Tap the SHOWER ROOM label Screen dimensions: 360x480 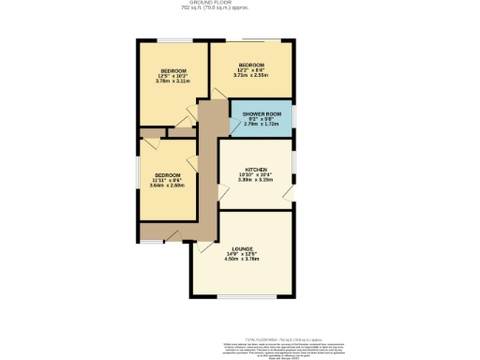(262, 112)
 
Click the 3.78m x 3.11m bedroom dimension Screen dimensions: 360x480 (172, 82)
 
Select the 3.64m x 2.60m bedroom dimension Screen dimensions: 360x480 (167, 185)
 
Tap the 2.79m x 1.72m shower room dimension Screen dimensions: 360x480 (262, 124)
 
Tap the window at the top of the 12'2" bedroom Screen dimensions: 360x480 (253, 40)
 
